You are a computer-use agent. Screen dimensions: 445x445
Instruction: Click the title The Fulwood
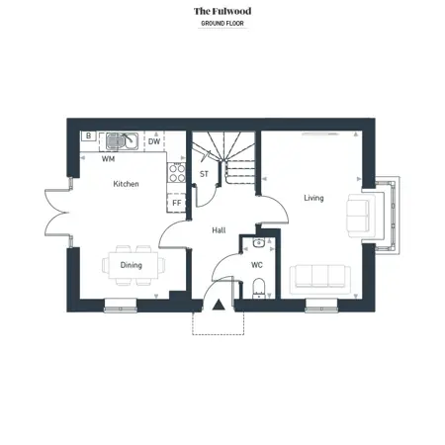(222, 11)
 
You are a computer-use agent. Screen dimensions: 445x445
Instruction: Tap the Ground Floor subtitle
(222, 24)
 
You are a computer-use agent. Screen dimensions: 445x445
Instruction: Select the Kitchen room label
(126, 184)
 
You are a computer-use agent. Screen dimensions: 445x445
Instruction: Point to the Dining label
(132, 265)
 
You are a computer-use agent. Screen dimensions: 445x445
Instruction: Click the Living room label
(313, 198)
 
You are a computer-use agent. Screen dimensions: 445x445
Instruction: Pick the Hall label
(219, 230)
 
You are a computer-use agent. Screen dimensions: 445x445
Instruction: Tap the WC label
(257, 265)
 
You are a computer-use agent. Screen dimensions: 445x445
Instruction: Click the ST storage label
(204, 174)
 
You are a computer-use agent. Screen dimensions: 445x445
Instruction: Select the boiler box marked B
(89, 135)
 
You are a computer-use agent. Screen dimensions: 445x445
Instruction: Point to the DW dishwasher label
(154, 141)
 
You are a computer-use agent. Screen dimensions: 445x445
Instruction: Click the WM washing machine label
(108, 159)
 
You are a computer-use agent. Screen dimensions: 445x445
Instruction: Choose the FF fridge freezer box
(177, 203)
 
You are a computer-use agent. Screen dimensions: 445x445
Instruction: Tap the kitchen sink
(122, 141)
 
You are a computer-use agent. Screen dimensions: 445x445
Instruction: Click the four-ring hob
(177, 173)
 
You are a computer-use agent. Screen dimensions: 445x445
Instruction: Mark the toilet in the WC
(259, 289)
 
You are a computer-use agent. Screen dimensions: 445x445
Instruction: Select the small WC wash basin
(259, 243)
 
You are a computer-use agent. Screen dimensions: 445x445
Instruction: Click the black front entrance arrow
(219, 305)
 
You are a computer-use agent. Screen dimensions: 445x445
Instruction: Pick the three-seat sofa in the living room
(320, 280)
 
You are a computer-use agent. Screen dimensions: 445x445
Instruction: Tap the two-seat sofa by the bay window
(361, 216)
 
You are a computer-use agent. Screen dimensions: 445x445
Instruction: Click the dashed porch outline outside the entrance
(219, 335)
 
